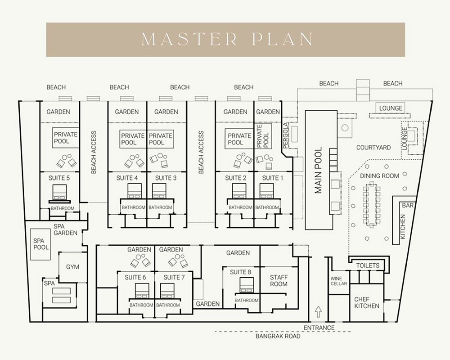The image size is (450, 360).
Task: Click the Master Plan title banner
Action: [x=225, y=40]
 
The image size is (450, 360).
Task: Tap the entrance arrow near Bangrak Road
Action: [x=318, y=311]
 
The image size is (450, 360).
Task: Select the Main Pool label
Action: [x=319, y=170]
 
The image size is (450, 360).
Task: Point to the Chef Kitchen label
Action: [x=367, y=302]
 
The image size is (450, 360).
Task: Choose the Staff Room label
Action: [x=279, y=280]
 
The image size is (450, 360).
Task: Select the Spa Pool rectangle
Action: [x=41, y=244]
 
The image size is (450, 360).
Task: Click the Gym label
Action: [x=72, y=267]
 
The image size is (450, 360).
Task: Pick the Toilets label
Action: [x=368, y=265]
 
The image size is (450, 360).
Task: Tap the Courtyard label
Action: [x=373, y=148]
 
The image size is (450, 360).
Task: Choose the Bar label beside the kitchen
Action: [x=407, y=205]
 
